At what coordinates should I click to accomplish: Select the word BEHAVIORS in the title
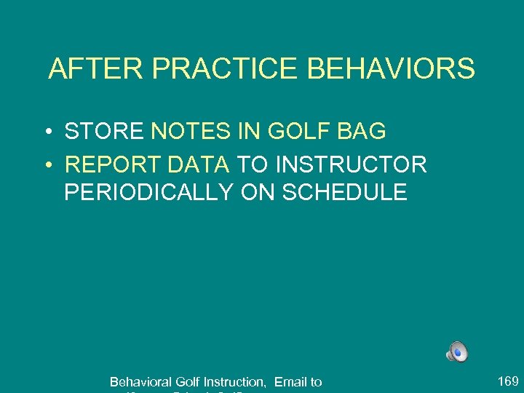(392, 69)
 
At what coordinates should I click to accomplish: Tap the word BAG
(360, 132)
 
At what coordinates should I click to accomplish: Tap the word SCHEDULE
(344, 192)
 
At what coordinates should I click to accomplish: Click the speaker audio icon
(457, 352)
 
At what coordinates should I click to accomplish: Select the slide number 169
(508, 381)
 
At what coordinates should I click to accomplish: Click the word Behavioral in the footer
(141, 382)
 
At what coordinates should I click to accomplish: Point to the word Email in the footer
(290, 382)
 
